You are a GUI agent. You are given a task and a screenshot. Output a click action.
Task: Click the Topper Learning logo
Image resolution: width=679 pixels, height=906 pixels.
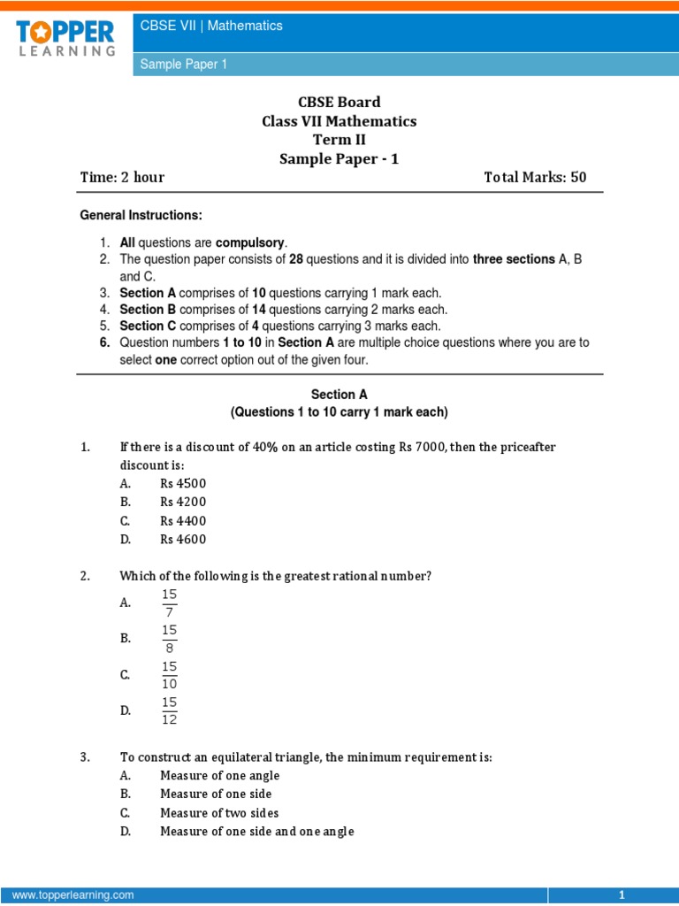(x=65, y=38)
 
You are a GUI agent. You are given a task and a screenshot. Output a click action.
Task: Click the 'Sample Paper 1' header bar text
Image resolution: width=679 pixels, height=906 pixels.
(x=184, y=65)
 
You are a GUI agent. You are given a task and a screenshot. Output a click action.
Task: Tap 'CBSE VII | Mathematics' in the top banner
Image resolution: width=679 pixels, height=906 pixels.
(x=211, y=26)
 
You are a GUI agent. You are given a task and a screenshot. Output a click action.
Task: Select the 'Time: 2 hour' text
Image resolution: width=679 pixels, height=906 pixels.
(x=122, y=177)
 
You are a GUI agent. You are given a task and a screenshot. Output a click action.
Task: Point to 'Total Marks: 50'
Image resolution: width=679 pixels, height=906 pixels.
(x=535, y=177)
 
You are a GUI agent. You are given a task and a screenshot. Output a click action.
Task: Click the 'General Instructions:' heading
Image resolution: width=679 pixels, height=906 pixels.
(x=141, y=215)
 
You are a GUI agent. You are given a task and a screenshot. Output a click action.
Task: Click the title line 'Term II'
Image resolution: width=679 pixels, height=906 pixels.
(x=339, y=140)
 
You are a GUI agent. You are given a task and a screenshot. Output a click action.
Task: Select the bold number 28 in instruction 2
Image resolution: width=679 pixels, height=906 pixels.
(x=296, y=259)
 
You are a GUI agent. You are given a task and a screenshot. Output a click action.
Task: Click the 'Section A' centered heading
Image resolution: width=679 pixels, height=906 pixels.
(x=339, y=394)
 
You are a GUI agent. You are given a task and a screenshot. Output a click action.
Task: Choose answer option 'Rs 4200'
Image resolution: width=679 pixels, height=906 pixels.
(x=183, y=502)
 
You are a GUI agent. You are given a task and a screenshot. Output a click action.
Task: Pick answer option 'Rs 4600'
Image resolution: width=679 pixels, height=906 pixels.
(x=183, y=539)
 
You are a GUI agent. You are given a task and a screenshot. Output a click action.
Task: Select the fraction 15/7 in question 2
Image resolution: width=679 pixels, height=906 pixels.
(x=169, y=603)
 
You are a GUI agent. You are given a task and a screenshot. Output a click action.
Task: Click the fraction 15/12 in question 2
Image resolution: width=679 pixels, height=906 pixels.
(x=169, y=710)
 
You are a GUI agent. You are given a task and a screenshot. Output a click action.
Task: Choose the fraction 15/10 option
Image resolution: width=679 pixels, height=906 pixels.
(x=169, y=674)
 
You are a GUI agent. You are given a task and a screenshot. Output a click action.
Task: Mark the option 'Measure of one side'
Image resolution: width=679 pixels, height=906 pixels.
(x=216, y=794)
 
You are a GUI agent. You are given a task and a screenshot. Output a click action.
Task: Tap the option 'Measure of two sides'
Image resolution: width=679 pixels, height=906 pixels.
(x=219, y=812)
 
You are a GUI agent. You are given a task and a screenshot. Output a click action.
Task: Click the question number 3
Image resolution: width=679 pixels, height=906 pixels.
(x=85, y=757)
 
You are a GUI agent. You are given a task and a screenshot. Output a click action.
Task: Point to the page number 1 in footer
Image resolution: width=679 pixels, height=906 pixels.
(x=622, y=895)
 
